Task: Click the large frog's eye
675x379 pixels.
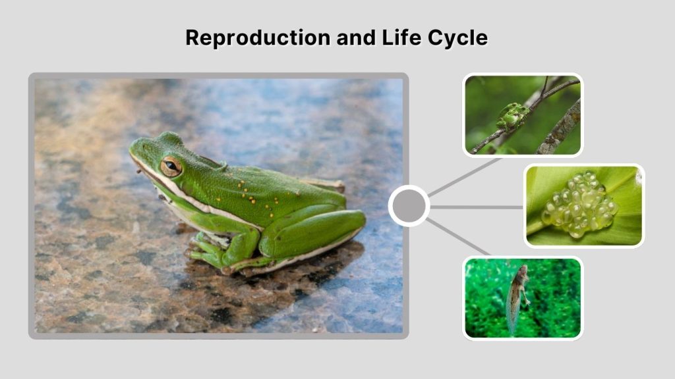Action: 171,166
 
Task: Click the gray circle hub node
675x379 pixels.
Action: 409,206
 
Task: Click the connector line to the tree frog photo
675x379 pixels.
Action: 465,176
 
